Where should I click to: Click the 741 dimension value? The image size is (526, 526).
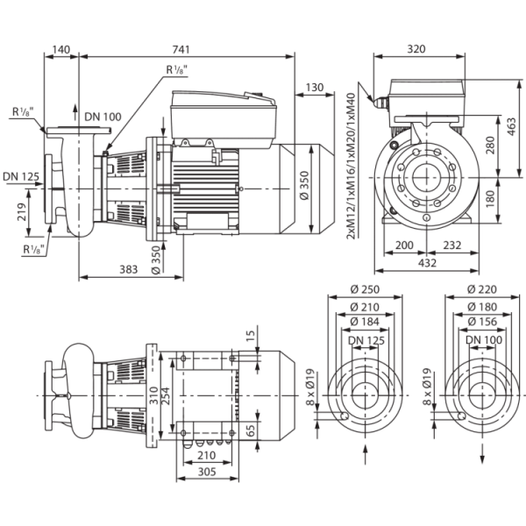[181, 50]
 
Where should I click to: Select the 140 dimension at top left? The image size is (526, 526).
[61, 50]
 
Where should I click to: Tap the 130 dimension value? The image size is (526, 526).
[315, 88]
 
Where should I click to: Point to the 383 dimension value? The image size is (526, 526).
[129, 269]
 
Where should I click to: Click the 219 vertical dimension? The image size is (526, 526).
[22, 212]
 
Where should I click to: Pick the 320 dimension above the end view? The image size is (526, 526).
[416, 49]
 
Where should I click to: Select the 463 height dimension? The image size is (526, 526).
[511, 126]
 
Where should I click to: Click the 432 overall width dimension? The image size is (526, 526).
[428, 263]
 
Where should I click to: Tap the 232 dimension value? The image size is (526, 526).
[452, 245]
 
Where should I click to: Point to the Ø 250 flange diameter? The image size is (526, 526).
[365, 289]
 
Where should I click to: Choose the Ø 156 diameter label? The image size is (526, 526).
[482, 322]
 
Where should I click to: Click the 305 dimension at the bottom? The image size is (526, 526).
[207, 472]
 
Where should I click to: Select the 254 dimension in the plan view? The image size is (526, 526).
[166, 396]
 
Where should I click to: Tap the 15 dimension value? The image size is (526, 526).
[251, 336]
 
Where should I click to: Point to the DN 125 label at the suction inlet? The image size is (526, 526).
[21, 176]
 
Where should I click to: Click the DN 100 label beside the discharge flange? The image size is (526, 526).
[103, 117]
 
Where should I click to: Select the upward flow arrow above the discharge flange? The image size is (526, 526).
[75, 112]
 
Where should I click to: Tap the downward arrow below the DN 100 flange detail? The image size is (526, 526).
[483, 454]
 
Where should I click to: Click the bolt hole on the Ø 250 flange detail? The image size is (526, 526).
[345, 416]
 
